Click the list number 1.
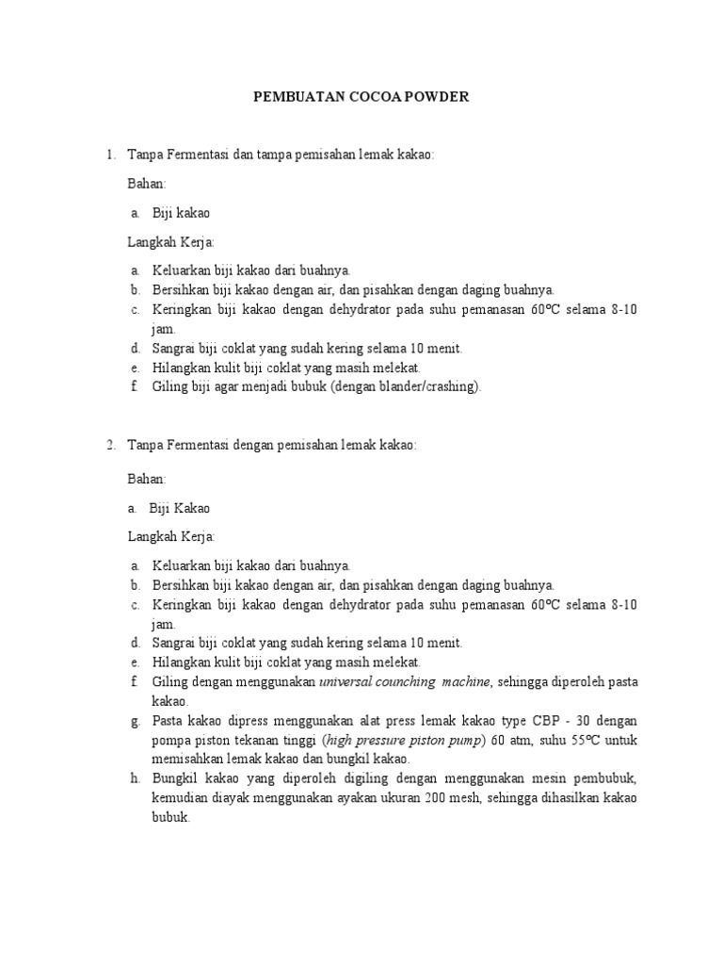coord(109,154)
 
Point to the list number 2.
coord(109,446)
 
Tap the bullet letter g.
coord(135,721)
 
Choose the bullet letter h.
coord(135,779)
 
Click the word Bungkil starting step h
coord(174,779)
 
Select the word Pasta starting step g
coord(169,721)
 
